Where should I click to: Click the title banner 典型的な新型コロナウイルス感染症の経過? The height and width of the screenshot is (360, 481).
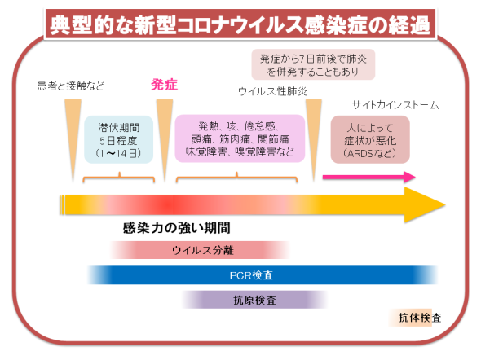[x=240, y=24]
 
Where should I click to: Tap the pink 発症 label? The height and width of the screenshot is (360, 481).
[x=165, y=85]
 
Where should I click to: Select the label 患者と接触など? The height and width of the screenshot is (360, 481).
[x=71, y=86]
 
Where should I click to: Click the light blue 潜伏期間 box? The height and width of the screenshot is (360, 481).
[x=119, y=139]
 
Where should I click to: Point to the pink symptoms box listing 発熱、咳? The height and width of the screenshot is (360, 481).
[x=240, y=138]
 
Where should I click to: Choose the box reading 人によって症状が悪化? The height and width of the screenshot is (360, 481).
[x=370, y=139]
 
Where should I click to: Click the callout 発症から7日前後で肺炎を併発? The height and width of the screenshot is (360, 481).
[x=313, y=64]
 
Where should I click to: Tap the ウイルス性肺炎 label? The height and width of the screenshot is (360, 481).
[x=272, y=91]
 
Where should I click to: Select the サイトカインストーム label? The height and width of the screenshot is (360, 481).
[x=395, y=105]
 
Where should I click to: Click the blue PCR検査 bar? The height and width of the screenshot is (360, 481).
[x=263, y=274]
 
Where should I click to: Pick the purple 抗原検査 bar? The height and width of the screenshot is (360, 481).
[x=254, y=300]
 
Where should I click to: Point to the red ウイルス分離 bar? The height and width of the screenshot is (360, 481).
[x=200, y=250]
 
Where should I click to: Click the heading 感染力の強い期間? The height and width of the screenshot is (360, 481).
[x=177, y=228]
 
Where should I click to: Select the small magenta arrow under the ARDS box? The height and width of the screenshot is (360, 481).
[x=369, y=177]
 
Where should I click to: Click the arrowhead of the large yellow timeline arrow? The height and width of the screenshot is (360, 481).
[x=426, y=204]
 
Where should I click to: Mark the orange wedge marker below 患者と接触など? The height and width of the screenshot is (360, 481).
[x=73, y=140]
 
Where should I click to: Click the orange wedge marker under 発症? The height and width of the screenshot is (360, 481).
[x=165, y=140]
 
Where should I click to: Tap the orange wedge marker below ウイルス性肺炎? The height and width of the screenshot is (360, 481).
[x=314, y=140]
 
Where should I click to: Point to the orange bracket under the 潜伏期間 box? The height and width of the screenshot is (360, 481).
[x=119, y=177]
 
